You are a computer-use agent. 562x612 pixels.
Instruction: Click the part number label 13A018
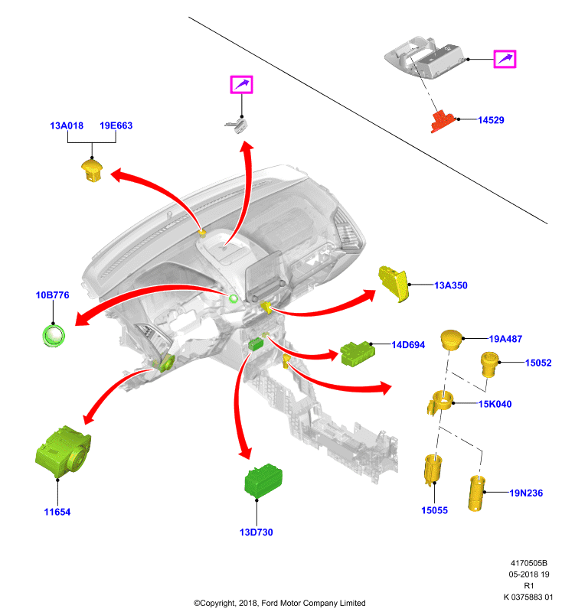click(67, 125)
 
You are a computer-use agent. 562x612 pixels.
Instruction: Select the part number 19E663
click(116, 125)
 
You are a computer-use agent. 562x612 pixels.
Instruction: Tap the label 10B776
click(52, 295)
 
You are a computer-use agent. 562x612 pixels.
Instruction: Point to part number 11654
click(57, 512)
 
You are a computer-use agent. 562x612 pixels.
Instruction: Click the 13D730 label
click(256, 532)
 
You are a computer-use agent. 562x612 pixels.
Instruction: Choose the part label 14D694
click(408, 345)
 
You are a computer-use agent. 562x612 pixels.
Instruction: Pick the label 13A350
click(451, 285)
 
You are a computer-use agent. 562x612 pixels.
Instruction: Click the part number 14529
click(491, 120)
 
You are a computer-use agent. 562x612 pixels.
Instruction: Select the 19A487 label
click(505, 339)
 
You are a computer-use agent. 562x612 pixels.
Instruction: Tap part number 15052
click(538, 363)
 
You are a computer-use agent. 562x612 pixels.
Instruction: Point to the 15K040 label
click(495, 404)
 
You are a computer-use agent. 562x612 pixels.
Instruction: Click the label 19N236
click(526, 493)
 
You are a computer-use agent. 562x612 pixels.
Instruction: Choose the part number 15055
click(434, 510)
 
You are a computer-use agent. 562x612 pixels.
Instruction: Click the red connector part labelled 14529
click(443, 122)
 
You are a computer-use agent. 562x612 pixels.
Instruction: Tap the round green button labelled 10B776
click(54, 335)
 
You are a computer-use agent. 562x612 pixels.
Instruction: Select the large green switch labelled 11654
click(63, 451)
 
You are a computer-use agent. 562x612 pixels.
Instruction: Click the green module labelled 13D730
click(263, 480)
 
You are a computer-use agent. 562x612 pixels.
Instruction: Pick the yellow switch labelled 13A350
click(394, 284)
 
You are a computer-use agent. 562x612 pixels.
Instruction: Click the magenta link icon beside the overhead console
click(505, 60)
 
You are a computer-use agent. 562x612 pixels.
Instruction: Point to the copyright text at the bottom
click(279, 603)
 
